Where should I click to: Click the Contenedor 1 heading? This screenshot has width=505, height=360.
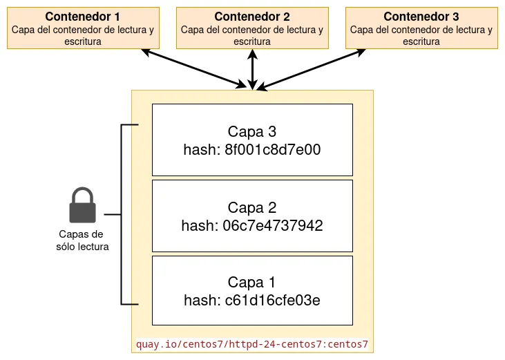coord(82,17)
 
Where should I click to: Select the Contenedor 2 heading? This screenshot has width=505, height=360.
coord(252,17)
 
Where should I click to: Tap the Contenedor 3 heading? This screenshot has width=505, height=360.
coord(421,17)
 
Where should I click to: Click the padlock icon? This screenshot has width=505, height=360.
coord(82,206)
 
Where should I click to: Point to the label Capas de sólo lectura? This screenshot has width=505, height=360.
coord(82,240)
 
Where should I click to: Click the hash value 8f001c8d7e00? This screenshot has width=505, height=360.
coord(273,149)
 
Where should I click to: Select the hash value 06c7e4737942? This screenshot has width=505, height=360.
coord(274,225)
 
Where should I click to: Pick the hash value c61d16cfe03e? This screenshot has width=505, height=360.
coord(272,300)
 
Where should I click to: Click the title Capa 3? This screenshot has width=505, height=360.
coord(252,132)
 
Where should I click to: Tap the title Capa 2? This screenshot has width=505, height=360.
coord(252,207)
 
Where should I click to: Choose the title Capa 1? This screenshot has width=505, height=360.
coord(252,282)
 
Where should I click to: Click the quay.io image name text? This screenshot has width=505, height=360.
coord(252,343)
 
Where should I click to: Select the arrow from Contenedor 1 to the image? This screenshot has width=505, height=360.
coord(193,68)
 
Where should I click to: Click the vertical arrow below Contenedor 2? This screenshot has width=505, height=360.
coord(253,69)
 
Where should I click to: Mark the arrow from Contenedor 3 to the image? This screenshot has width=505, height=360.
coord(311,69)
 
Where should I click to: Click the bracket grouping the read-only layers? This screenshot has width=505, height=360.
coord(122,214)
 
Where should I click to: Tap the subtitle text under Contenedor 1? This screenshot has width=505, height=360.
coord(82,35)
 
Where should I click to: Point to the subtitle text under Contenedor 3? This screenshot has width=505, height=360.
coord(421,35)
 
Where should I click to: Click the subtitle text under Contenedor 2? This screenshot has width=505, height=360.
coord(252,35)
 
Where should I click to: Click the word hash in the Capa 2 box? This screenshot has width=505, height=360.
coord(199,225)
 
